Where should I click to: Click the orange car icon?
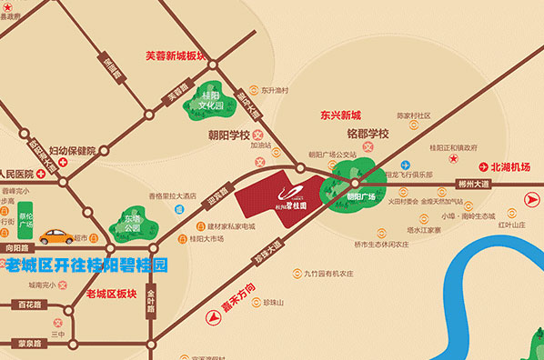[56, 236]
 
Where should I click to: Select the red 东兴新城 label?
[340, 115]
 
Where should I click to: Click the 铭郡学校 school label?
[367, 134]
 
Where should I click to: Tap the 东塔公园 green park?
[133, 224]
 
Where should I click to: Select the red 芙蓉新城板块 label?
[176, 55]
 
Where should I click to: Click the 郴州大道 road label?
[474, 184]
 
